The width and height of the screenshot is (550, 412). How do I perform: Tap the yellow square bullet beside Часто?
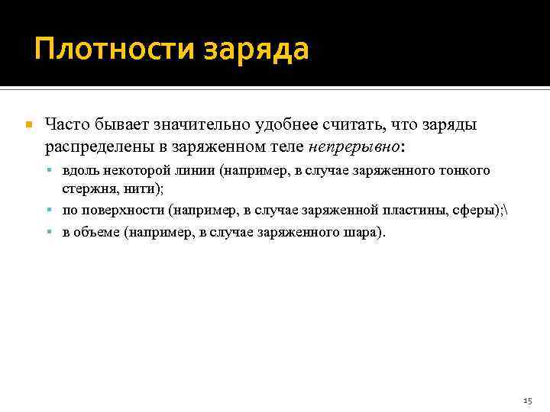click(x=28, y=124)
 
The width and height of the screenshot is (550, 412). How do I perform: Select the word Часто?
click(x=66, y=124)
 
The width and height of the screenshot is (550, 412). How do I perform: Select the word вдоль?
click(x=79, y=171)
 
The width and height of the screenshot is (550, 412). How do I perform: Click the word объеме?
click(x=97, y=231)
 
